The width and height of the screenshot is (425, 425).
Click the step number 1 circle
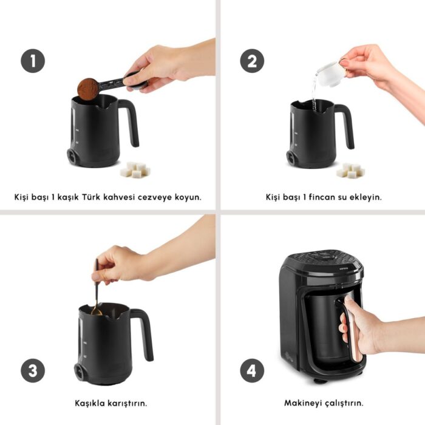point(33,61)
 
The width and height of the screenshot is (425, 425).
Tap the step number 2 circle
point(251,61)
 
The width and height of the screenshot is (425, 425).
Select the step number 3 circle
point(33,370)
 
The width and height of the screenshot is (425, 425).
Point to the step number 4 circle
point(251,370)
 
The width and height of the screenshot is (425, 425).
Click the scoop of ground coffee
point(89,89)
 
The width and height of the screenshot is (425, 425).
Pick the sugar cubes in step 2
point(350,171)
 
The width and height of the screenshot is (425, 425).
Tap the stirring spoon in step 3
point(97,291)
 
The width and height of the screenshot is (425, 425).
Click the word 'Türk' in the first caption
point(95,197)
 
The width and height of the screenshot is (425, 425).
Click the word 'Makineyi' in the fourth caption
point(304,403)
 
